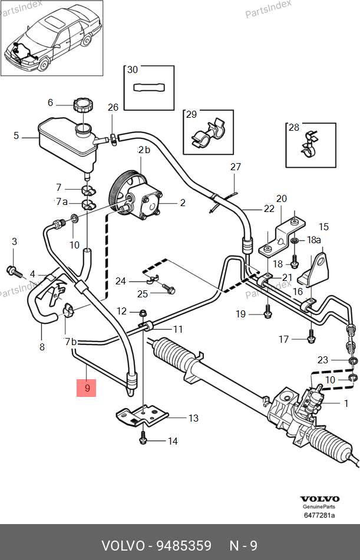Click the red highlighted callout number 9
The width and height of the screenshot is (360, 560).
[87, 388]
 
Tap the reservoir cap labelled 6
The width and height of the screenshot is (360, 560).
[82, 106]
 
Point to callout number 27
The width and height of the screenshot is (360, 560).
[236, 167]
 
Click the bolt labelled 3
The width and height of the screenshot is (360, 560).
[13, 271]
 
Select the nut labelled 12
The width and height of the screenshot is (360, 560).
[143, 311]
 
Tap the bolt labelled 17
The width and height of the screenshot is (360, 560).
[311, 339]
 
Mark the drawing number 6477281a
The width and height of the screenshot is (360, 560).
[319, 516]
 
